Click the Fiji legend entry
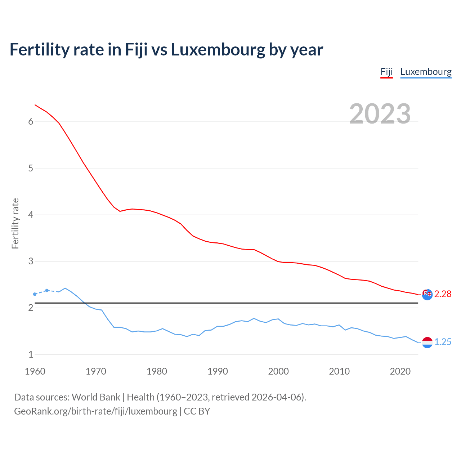point(386,72)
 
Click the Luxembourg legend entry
point(426,72)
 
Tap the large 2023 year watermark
point(380,114)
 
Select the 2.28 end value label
point(443,294)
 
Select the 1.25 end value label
point(443,342)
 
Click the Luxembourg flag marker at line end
point(427,343)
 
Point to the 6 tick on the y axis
point(31,122)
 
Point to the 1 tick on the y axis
point(31,355)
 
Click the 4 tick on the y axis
point(31,215)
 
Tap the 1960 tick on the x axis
point(35,372)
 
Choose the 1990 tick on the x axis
point(218,372)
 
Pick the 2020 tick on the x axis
point(400,372)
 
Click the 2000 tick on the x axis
point(278,372)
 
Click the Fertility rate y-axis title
point(15,223)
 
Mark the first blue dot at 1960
point(35,294)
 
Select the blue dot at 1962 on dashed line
point(47,290)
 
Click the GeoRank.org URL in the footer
point(95,411)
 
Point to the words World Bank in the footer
point(96,397)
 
